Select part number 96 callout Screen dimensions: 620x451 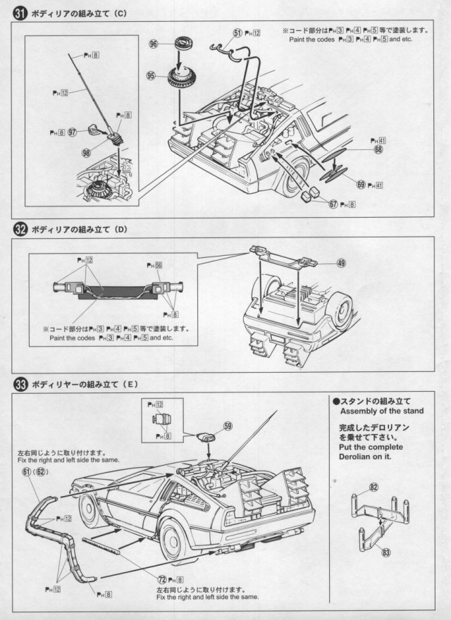point(153,44)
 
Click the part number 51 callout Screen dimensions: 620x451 point(237,32)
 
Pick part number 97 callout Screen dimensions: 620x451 point(73,132)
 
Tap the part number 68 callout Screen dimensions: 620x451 point(378,149)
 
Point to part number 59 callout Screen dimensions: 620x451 point(228,426)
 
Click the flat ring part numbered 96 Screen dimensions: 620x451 point(186,46)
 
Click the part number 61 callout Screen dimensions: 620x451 point(26,471)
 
